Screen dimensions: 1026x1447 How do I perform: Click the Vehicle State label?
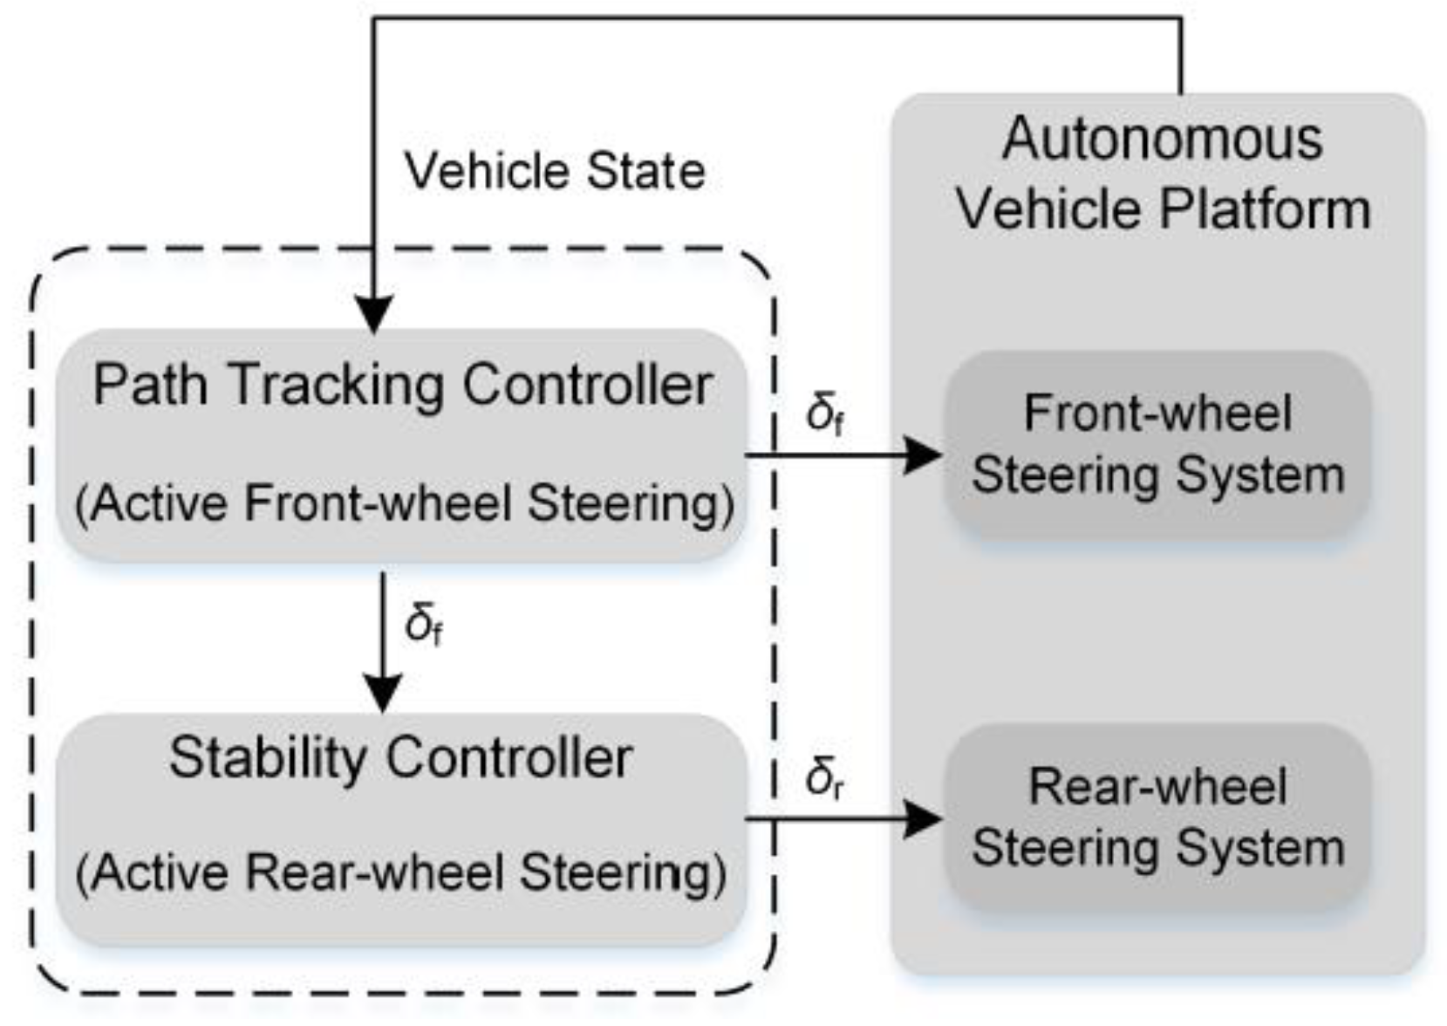pos(555,170)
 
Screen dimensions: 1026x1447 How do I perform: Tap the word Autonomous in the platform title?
pos(1162,140)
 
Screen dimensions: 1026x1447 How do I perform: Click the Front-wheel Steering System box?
pos(1157,445)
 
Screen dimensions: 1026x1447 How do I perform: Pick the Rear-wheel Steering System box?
pos(1157,817)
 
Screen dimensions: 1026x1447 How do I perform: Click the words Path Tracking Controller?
pos(403,385)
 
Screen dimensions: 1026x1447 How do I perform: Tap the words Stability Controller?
pos(400,757)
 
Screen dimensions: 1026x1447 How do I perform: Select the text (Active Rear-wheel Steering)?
pos(401,872)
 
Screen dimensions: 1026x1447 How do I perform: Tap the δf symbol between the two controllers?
pos(424,623)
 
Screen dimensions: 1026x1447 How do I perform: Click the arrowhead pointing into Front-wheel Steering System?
pos(923,455)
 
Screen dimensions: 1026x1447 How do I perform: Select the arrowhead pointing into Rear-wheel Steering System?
pos(923,819)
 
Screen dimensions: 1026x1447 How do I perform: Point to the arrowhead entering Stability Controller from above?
pos(382,694)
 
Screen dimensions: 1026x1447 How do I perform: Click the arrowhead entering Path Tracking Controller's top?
pos(374,314)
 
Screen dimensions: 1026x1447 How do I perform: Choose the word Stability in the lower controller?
pos(266,757)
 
